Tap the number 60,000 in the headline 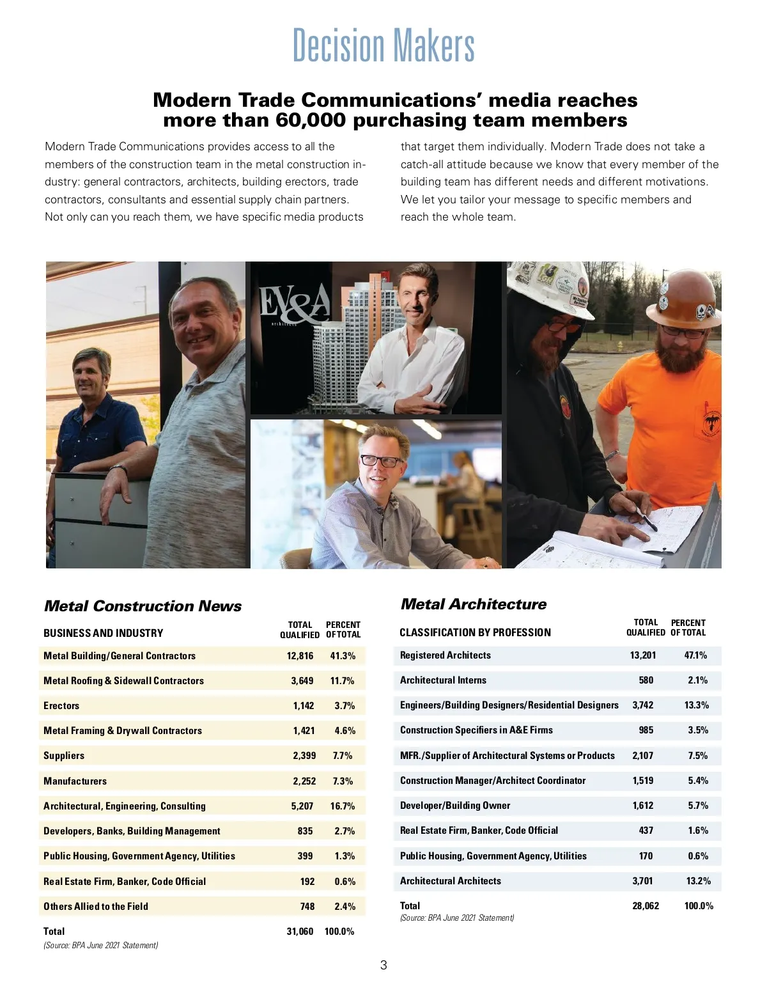310,120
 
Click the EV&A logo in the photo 294,305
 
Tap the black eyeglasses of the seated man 382,460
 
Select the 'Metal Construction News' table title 143,606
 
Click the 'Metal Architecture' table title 473,604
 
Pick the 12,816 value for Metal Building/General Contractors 300,656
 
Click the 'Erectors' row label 61,706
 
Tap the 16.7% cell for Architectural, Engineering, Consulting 343,806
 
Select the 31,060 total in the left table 300,932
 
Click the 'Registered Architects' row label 445,655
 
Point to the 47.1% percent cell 695,655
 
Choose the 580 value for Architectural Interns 646,680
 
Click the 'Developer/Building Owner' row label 455,806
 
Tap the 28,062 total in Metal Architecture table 646,906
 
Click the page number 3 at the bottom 383,966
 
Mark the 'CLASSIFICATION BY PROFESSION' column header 475,633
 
